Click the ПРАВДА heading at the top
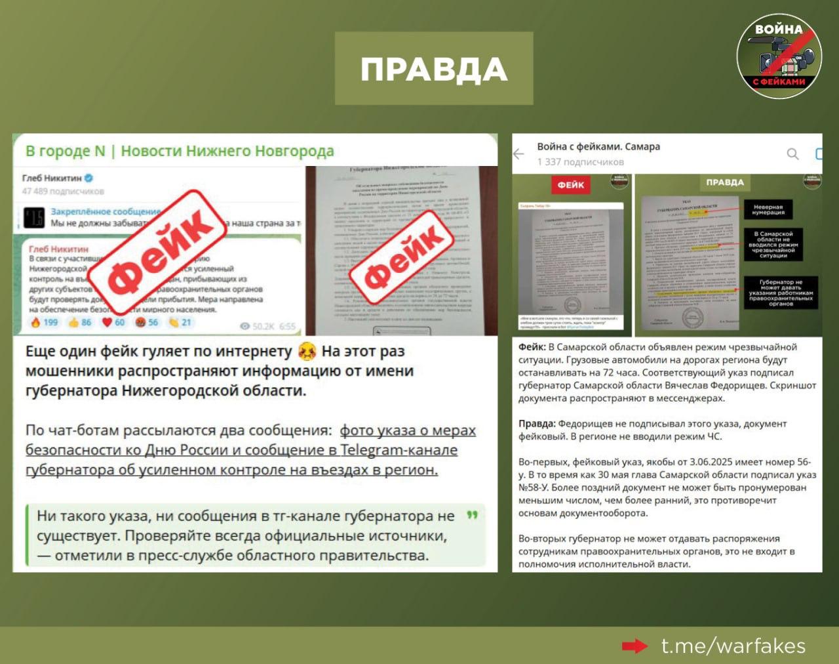(x=434, y=69)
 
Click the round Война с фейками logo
(x=779, y=56)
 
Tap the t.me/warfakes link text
(x=733, y=646)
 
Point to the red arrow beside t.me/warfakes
(x=634, y=646)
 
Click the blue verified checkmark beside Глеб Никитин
(x=88, y=178)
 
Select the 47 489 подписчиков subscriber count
(x=63, y=191)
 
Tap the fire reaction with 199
(x=36, y=322)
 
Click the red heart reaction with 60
(x=107, y=322)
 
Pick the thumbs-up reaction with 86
(x=74, y=322)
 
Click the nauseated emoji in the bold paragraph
(x=307, y=352)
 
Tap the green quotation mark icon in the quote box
(x=472, y=515)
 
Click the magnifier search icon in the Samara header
(x=792, y=154)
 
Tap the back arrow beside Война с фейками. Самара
(x=519, y=154)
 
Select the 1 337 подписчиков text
(x=580, y=162)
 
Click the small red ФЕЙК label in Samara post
(x=570, y=185)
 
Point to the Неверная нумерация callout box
(x=768, y=209)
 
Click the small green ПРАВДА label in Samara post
(x=724, y=182)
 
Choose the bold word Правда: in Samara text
(x=537, y=424)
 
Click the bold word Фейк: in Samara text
(x=532, y=347)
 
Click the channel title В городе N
(x=65, y=151)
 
